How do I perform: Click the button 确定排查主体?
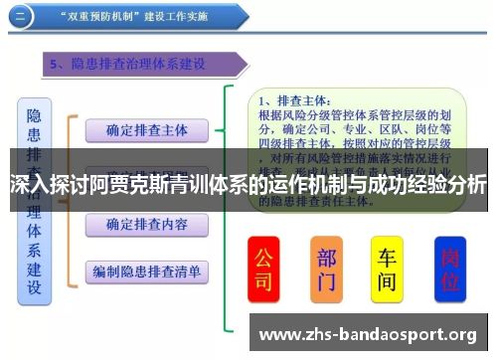coord(146,129)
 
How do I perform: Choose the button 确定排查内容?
coord(146,225)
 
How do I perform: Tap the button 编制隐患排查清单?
coord(146,270)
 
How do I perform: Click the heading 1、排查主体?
coord(295,100)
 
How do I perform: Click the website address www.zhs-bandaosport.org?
coord(367,332)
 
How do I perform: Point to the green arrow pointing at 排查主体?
coord(229,129)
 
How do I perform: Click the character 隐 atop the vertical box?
coord(34,115)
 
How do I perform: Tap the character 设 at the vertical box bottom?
coord(34,287)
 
